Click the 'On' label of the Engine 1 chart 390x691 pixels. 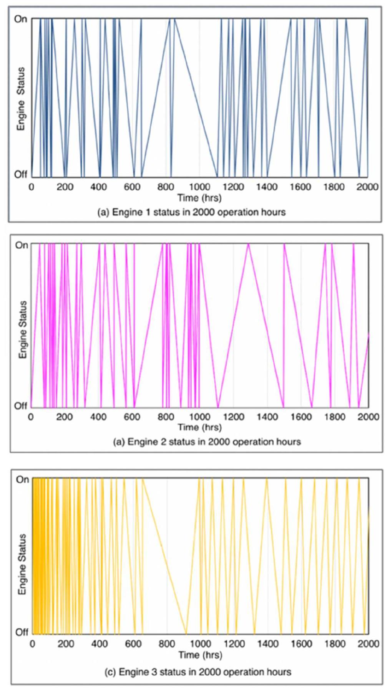(20, 18)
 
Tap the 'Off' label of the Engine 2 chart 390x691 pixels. (21, 406)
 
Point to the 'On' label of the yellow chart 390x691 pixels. (22, 479)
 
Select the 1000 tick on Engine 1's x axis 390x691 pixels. (199, 187)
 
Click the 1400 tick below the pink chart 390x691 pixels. (267, 417)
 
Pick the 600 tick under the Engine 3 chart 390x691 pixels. (133, 643)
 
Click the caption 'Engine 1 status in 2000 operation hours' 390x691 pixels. (191, 212)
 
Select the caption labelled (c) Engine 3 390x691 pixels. (197, 672)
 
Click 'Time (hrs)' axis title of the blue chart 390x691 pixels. (199, 198)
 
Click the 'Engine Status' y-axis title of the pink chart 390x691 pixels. (23, 329)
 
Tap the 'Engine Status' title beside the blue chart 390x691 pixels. (21, 99)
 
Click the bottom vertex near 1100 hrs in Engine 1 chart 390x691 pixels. (217, 176)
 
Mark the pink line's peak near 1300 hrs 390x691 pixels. (249, 244)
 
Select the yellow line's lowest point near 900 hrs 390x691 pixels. (187, 633)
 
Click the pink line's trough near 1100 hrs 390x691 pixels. (218, 407)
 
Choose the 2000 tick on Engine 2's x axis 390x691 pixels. (368, 417)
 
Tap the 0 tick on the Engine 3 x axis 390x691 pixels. (32, 643)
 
